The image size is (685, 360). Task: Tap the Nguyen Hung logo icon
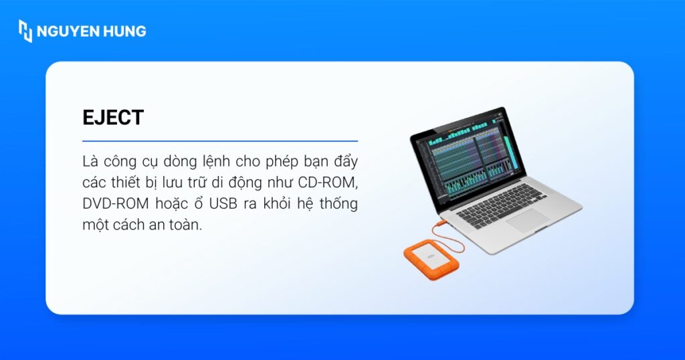pos(25,31)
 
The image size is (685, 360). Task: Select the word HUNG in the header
pos(124,31)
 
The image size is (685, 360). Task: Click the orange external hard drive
pos(427,260)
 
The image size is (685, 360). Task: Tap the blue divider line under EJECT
pos(220,141)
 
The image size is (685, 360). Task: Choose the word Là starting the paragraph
pos(90,162)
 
